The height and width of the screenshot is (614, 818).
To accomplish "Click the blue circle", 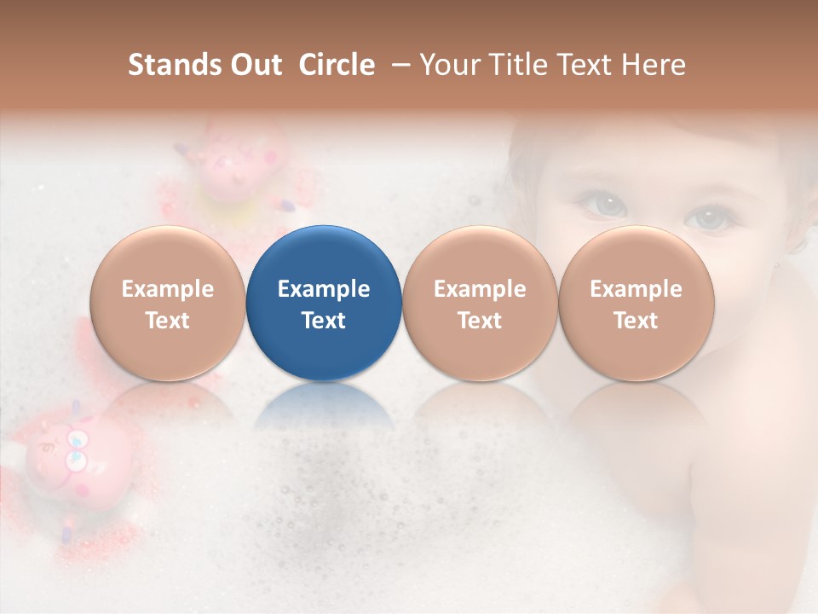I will (324, 304).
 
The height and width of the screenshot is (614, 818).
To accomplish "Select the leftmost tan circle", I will (168, 304).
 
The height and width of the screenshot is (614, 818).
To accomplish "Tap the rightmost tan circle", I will (636, 304).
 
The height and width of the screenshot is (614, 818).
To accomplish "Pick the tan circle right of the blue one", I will (480, 304).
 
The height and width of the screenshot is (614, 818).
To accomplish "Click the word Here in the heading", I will (654, 65).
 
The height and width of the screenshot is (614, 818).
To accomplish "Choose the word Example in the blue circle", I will (324, 289).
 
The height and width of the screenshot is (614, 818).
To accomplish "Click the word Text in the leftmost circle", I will (168, 321).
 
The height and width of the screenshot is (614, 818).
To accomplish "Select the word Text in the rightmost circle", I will (636, 321).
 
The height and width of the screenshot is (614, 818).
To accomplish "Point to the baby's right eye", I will (603, 205).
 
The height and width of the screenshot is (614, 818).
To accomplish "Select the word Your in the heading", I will (447, 65).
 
